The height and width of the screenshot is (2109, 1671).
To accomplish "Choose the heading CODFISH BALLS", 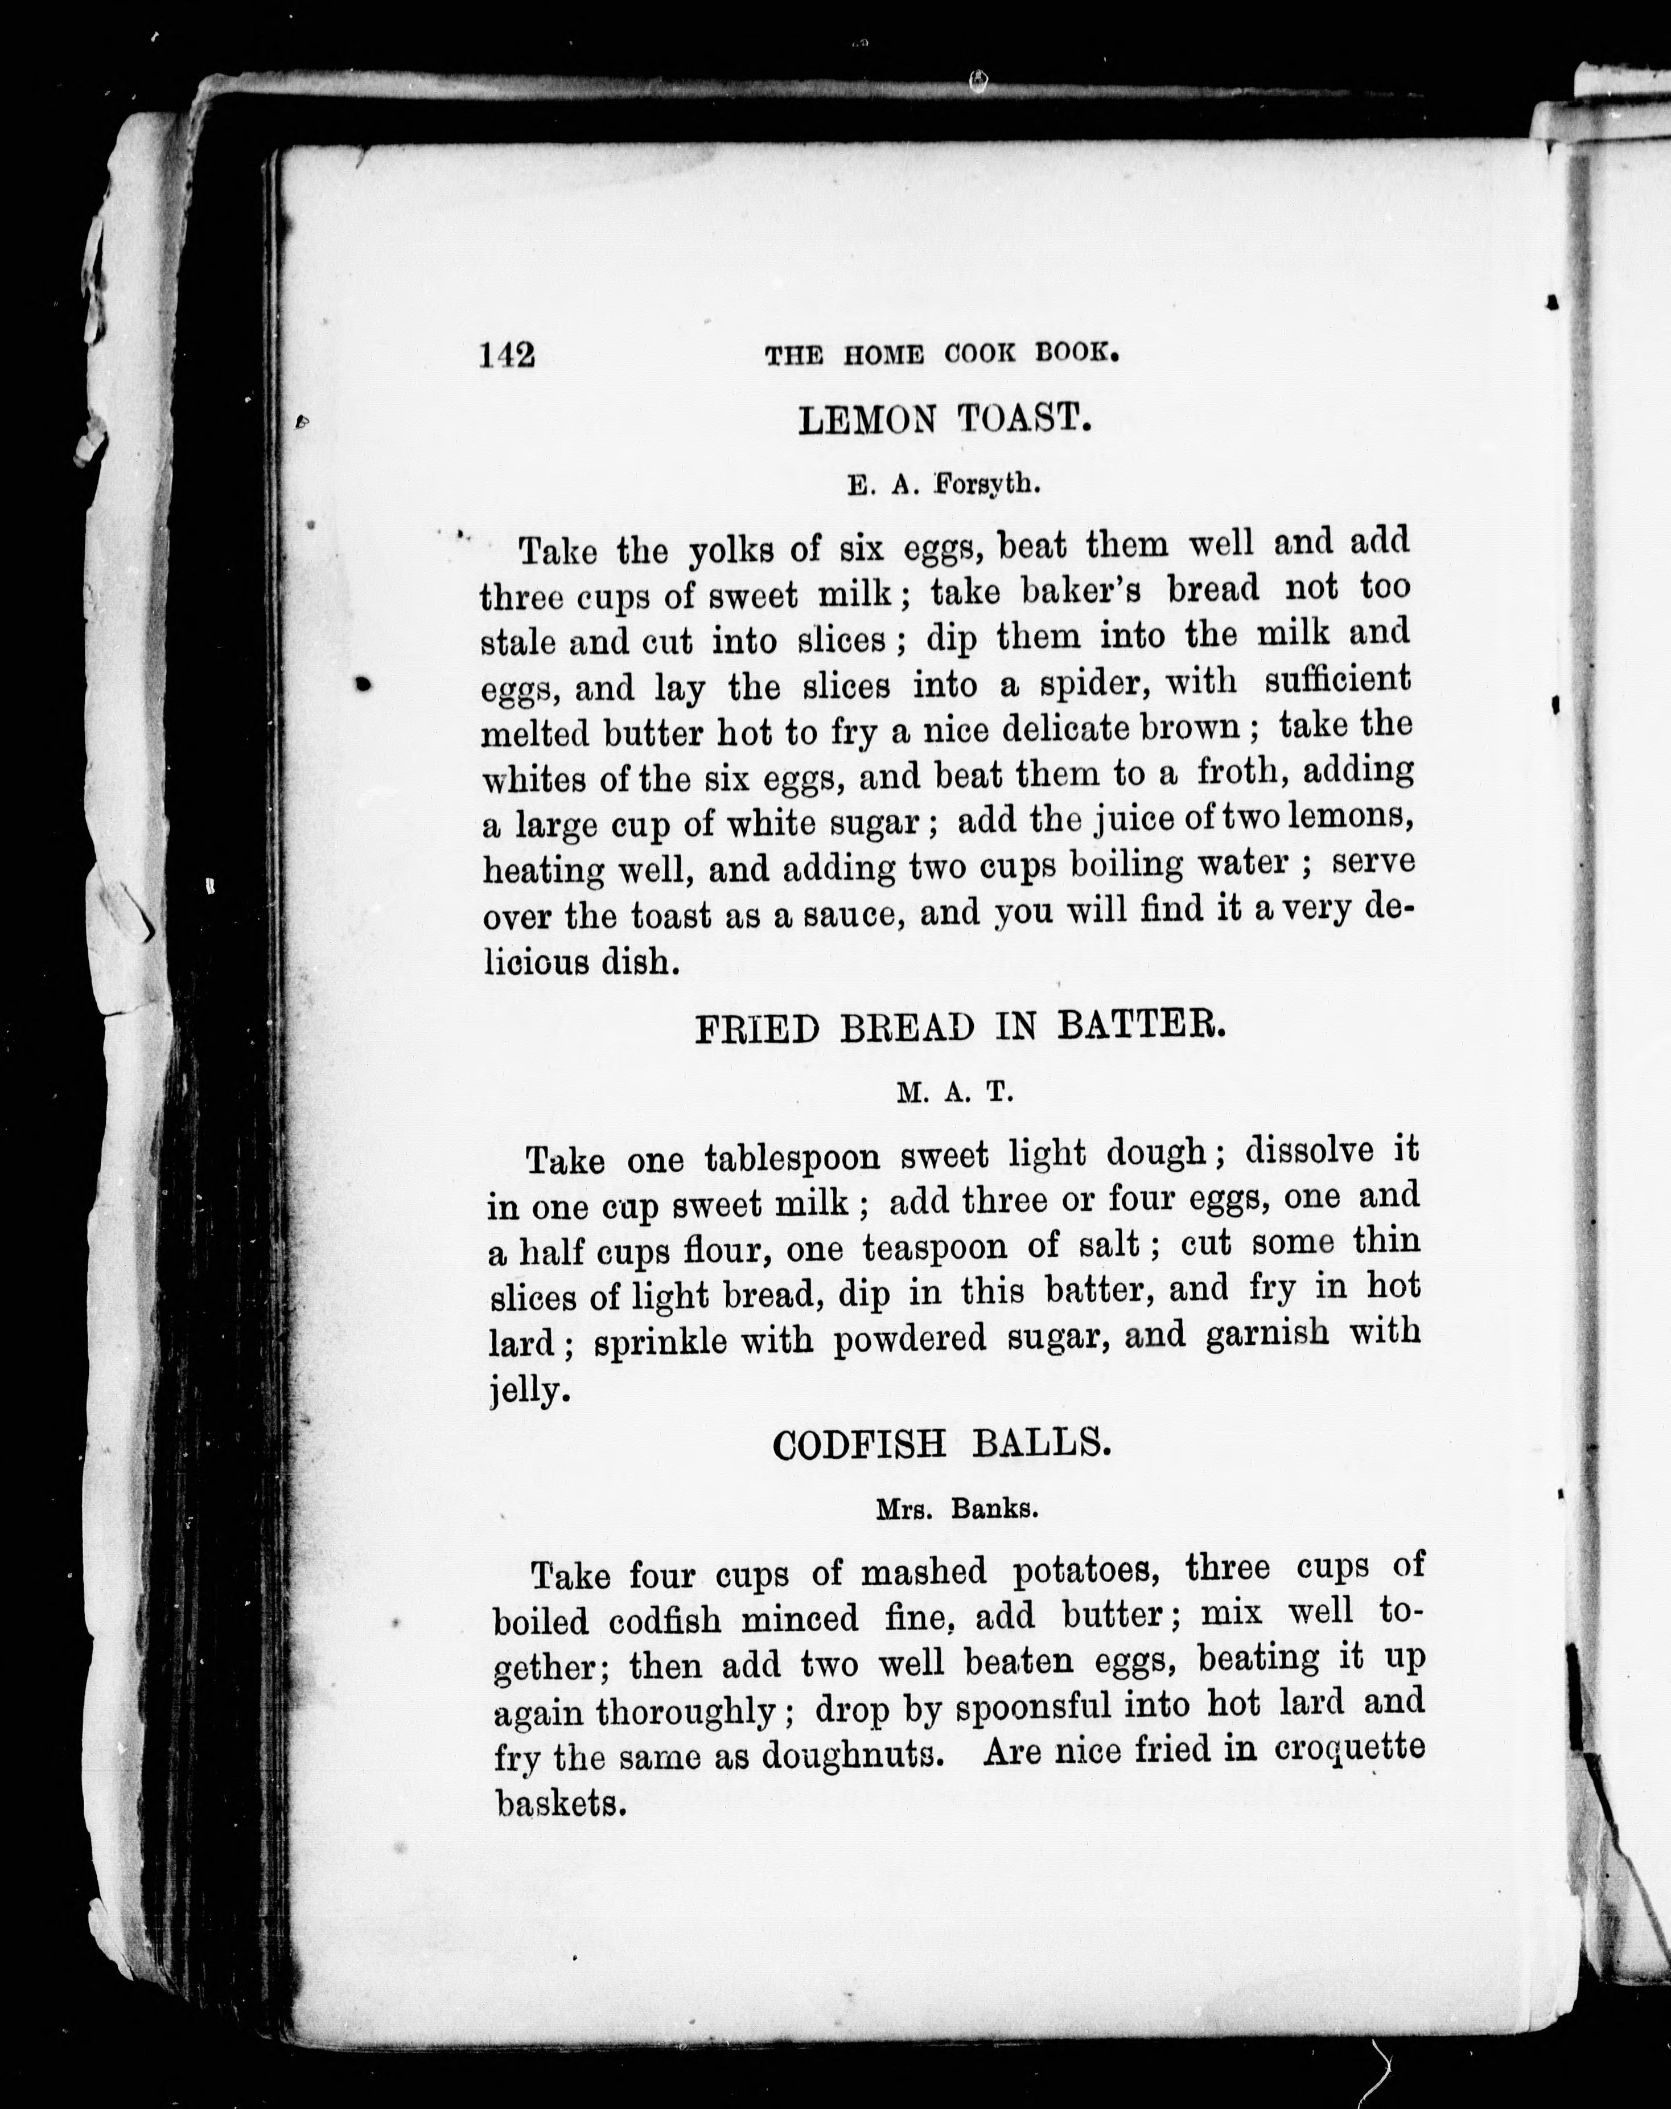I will [x=941, y=1445].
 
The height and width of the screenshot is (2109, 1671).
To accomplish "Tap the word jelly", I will [x=528, y=1390].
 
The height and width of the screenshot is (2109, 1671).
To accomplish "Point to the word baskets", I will [x=558, y=1803].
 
